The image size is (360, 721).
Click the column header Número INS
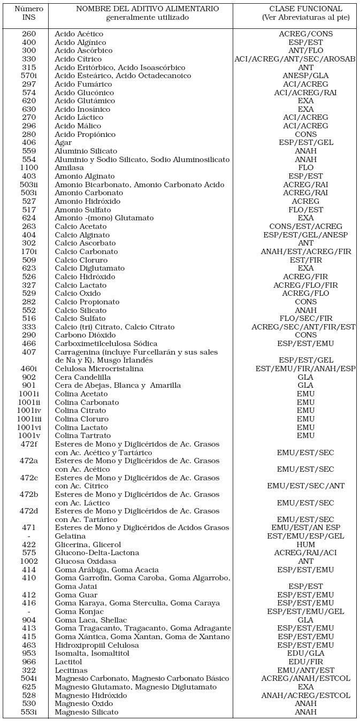click(x=29, y=13)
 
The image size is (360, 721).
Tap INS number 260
click(x=29, y=34)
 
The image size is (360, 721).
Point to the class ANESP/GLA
click(x=305, y=76)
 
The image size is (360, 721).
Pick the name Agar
click(x=63, y=143)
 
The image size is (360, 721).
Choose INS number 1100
click(x=29, y=168)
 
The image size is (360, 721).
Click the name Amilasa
click(x=69, y=168)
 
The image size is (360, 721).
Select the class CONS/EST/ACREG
click(x=305, y=227)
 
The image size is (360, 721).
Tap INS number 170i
click(x=29, y=251)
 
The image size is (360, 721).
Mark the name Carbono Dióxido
click(x=85, y=335)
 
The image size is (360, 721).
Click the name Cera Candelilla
click(x=83, y=377)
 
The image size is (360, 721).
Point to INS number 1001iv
click(x=29, y=411)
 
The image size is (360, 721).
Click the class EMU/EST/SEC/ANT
click(x=305, y=486)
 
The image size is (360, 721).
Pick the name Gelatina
click(x=70, y=536)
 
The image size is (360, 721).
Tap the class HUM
click(x=305, y=544)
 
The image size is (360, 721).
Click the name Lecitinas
click(x=71, y=670)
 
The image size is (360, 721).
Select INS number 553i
click(x=29, y=712)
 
